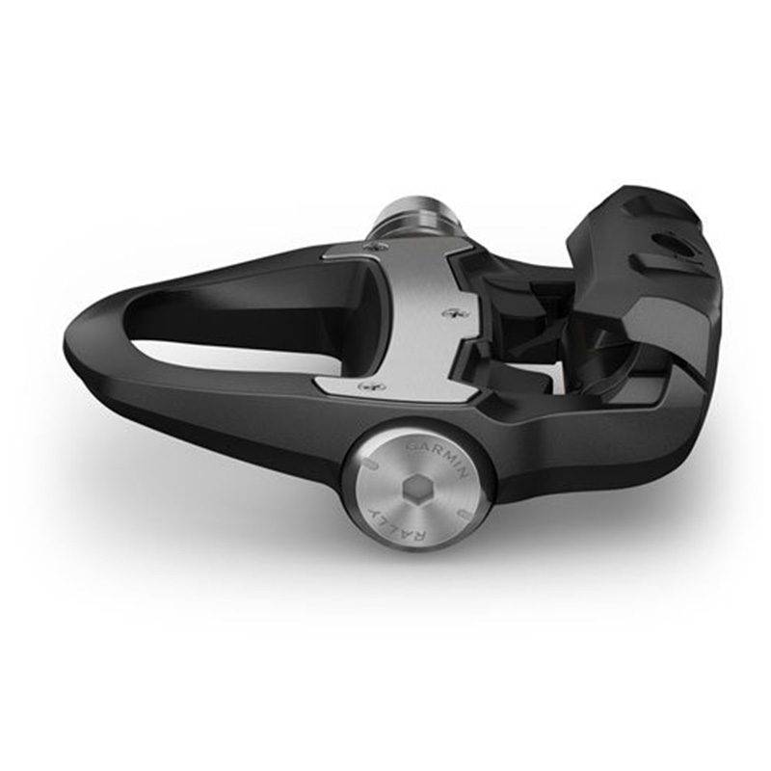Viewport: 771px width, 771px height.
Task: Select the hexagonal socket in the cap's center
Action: [x=414, y=489]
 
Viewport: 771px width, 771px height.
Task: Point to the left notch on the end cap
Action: [x=369, y=465]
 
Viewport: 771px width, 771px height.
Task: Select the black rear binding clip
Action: [x=646, y=289]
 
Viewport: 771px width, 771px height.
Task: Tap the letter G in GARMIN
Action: [x=412, y=446]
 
